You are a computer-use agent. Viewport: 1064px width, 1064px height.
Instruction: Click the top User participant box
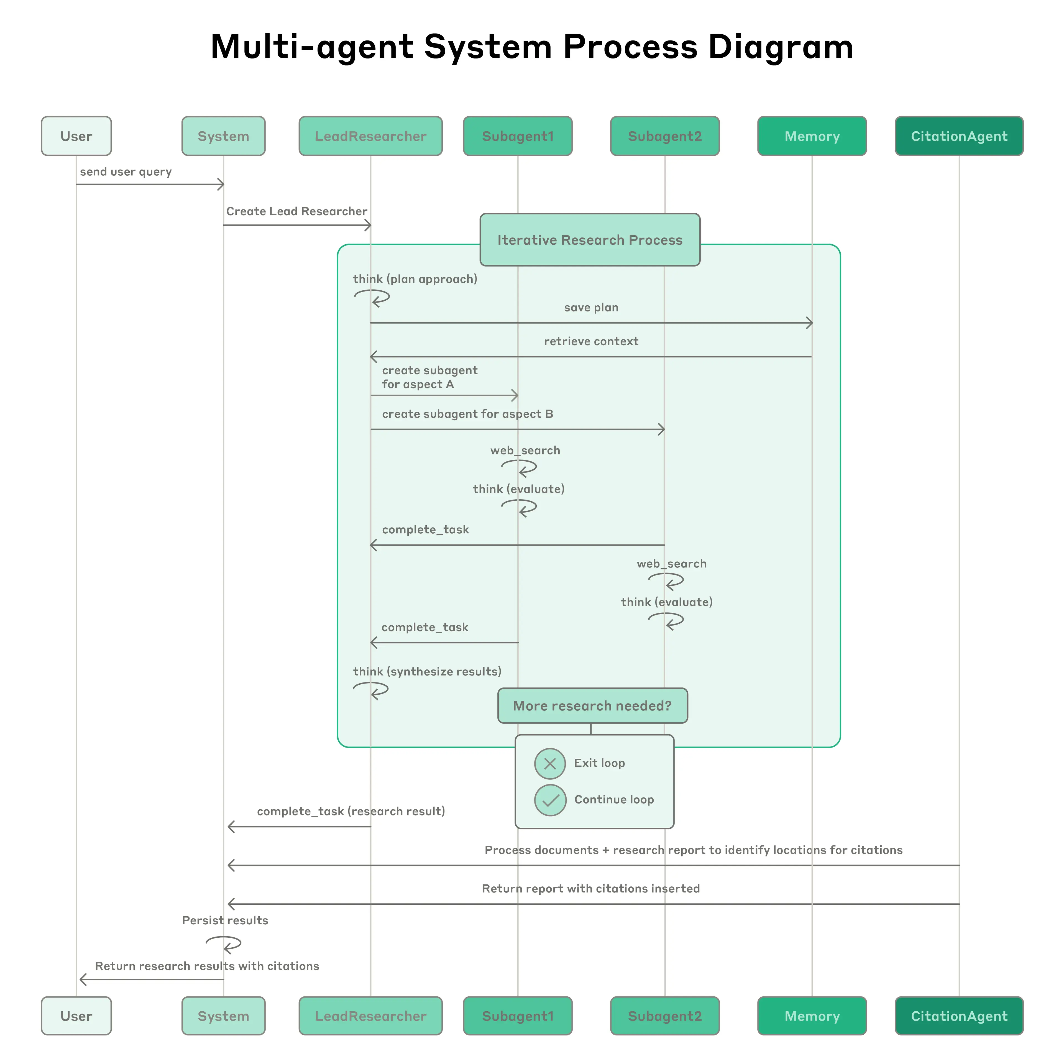[76, 136]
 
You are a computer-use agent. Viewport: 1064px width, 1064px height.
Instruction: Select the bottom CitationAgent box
[959, 1016]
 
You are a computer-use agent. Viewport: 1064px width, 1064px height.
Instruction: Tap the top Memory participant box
[812, 136]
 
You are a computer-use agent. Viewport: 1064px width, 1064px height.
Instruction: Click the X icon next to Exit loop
[550, 764]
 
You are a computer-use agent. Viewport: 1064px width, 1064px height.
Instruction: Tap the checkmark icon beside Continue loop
[550, 800]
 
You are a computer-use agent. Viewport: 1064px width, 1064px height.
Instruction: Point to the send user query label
[126, 172]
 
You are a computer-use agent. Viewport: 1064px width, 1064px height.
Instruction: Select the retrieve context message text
[591, 341]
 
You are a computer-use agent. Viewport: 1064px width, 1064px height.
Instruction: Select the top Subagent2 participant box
[665, 136]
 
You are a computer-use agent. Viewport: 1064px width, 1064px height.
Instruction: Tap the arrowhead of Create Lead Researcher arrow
[369, 225]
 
